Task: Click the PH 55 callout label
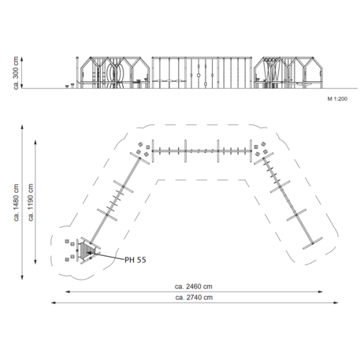click(x=135, y=260)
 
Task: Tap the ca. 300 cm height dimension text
click(x=16, y=72)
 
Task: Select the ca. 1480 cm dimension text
click(x=17, y=202)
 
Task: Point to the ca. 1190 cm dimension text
click(x=31, y=202)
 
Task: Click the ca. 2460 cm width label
click(x=194, y=287)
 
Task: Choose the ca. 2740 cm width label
click(x=194, y=298)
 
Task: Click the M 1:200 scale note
click(x=337, y=98)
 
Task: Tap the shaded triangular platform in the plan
click(x=86, y=250)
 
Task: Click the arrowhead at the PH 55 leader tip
click(x=89, y=253)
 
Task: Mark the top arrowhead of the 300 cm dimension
click(x=22, y=59)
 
